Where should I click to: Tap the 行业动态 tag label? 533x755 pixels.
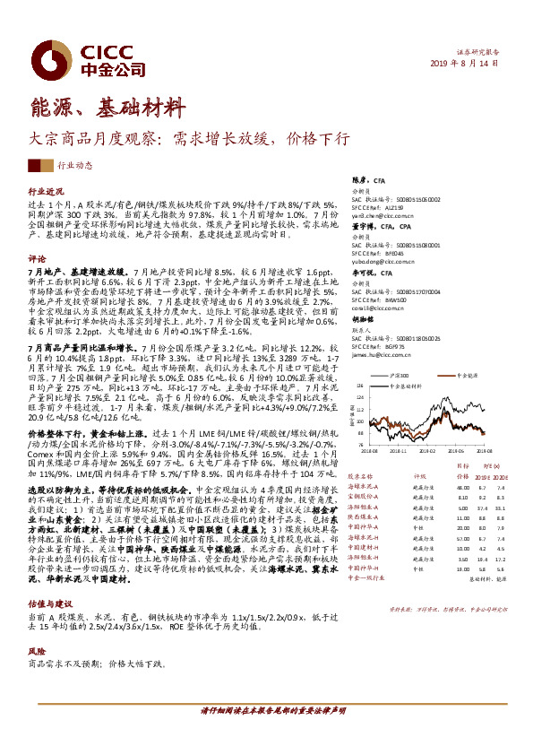click(x=74, y=166)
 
